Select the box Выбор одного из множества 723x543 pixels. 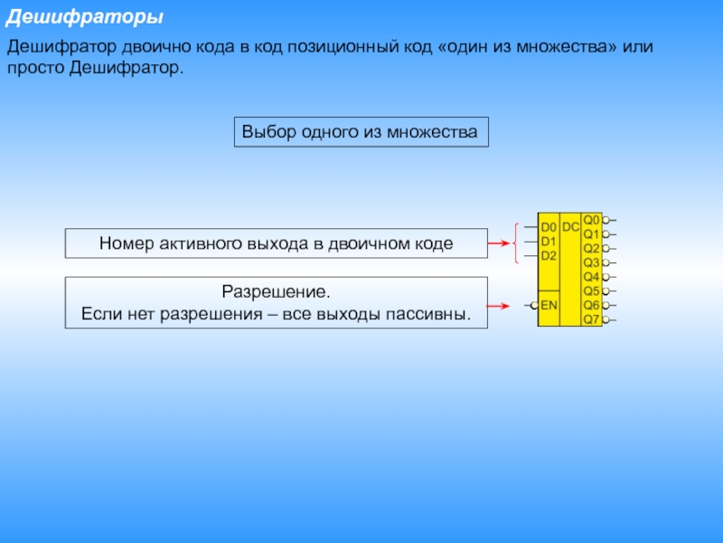pos(361,132)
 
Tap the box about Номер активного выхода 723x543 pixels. pos(276,243)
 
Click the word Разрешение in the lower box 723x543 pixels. pos(277,293)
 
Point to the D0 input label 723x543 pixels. pos(549,228)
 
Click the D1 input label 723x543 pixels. pos(549,242)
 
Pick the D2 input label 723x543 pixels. pos(549,255)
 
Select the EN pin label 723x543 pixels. pos(549,306)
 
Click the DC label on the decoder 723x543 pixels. pos(571,227)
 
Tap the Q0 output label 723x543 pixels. pos(591,219)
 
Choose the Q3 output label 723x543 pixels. pos(591,262)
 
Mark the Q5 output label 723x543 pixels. pos(591,291)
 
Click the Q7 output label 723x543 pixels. pos(591,319)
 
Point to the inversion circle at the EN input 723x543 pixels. pos(534,306)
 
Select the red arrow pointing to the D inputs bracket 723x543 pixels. pos(498,243)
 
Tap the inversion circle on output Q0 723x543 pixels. pos(606,219)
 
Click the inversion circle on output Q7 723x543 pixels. pos(606,319)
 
